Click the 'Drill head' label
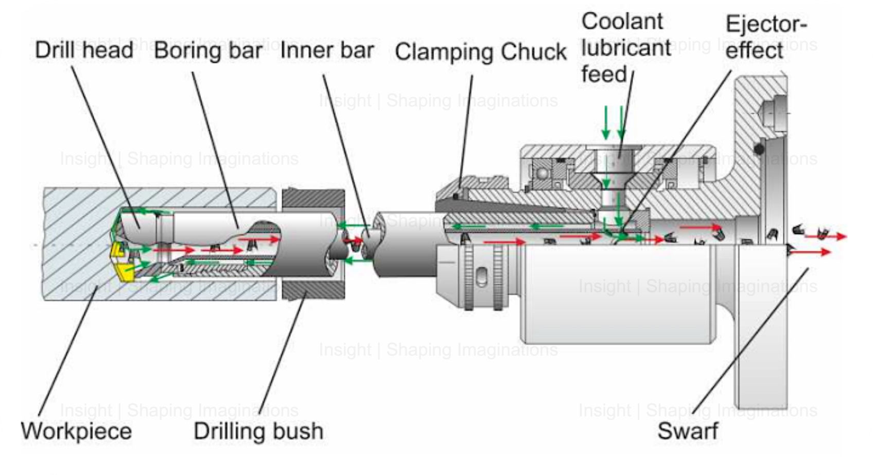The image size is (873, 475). pos(84,50)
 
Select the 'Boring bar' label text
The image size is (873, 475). pos(208,50)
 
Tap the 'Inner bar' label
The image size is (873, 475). pos(327,50)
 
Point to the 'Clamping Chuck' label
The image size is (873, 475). pos(480,52)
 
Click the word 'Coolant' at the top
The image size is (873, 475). pos(622,22)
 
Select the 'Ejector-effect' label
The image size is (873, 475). pos(765,38)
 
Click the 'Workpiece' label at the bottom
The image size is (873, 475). pos(76,431)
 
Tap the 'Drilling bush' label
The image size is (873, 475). pos(258,431)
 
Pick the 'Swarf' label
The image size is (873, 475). pos(688,431)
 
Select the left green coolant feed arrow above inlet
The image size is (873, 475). pos(606,122)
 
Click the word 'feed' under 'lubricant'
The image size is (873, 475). pos(603,74)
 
